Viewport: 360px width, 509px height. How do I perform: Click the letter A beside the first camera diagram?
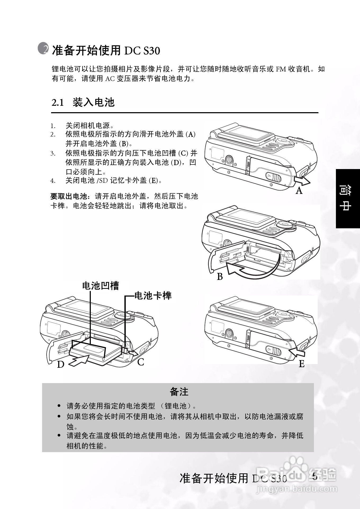[x=299, y=190]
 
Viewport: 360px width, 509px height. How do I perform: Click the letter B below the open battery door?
[x=220, y=277]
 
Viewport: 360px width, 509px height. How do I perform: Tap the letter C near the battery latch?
[x=141, y=362]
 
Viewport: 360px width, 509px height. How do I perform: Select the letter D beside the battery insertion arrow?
[x=61, y=365]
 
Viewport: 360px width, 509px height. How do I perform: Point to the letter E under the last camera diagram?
[x=301, y=364]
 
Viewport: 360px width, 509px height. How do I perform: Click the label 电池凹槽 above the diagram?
[x=101, y=286]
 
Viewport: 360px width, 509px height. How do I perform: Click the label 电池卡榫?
[x=153, y=296]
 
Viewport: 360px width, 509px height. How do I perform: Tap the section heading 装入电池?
[x=93, y=102]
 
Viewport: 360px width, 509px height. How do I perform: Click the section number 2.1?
[x=58, y=103]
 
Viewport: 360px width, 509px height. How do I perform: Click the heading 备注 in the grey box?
[x=179, y=392]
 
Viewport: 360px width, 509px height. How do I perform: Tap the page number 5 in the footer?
[x=315, y=476]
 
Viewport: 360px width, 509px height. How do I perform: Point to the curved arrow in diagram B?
[x=251, y=271]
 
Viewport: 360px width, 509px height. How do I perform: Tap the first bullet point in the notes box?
[x=59, y=406]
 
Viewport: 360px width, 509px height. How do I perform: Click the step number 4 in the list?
[x=53, y=181]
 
